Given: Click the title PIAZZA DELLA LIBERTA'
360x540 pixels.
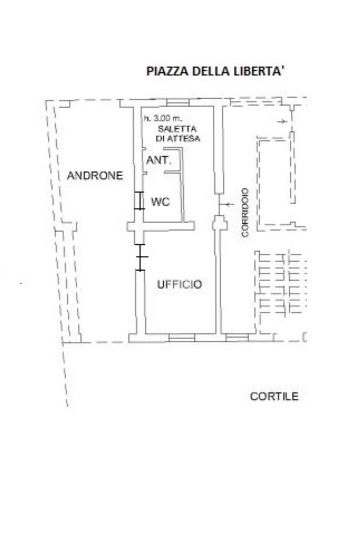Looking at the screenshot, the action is click(216, 71).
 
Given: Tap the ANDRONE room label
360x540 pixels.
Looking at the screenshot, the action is click(95, 176).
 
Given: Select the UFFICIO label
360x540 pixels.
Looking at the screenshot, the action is click(179, 284).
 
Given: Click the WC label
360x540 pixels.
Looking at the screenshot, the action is click(160, 202).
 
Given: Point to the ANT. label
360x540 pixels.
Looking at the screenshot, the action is click(159, 160).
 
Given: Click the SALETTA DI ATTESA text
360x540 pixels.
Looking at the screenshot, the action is click(178, 133).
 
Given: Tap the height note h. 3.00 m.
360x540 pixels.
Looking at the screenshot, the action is click(163, 119).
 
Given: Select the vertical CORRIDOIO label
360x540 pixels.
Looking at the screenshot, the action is click(245, 213).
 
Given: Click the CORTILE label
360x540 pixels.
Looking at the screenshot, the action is click(274, 397).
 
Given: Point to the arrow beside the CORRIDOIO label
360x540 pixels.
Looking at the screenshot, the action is click(227, 205).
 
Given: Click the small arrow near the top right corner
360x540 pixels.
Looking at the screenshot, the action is click(282, 121).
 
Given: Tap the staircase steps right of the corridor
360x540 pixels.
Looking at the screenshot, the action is click(280, 284).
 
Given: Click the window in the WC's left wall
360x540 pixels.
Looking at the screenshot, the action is click(139, 200).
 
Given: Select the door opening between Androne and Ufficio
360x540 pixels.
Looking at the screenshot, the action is click(140, 257).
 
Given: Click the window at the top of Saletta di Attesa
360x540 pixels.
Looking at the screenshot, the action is click(178, 103).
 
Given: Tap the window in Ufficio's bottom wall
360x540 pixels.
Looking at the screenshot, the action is click(182, 338).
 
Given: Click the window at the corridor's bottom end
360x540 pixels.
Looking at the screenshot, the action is click(237, 337).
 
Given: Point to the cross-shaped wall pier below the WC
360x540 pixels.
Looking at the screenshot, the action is click(139, 227).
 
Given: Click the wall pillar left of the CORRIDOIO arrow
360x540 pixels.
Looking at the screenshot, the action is click(220, 223).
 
